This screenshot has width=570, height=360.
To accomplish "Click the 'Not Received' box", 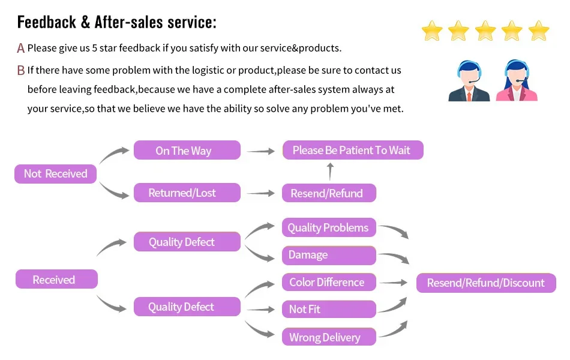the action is click(55, 174).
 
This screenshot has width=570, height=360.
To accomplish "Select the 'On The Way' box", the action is click(187, 150).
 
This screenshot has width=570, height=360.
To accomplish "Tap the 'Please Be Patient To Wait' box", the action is click(353, 150).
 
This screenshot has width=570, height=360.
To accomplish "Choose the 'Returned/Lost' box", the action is click(187, 193).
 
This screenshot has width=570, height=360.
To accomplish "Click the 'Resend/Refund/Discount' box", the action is click(486, 283).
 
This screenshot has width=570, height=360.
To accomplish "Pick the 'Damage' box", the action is click(329, 255).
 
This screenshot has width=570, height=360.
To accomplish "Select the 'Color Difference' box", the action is click(329, 282).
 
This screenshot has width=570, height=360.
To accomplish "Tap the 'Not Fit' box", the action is click(329, 309).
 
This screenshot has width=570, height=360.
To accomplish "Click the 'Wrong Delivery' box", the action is click(329, 337).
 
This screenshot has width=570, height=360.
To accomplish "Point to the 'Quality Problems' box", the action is click(329, 227).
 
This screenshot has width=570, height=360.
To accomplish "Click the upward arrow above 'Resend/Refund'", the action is click(330, 171).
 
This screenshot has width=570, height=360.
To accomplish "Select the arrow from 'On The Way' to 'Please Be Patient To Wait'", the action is click(260, 151).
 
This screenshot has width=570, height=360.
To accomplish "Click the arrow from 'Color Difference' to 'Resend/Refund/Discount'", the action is click(394, 283).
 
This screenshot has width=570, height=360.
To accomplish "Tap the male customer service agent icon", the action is click(469, 81).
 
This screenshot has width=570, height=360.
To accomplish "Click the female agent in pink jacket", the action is click(517, 80).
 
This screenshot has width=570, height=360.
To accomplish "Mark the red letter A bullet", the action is click(21, 48).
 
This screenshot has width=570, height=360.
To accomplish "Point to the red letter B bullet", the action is click(21, 70).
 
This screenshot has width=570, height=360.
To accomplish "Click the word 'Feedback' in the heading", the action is click(47, 22).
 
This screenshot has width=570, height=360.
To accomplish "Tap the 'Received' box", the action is click(56, 279).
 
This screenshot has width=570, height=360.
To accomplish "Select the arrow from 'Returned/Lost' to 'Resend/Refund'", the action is click(260, 193).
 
